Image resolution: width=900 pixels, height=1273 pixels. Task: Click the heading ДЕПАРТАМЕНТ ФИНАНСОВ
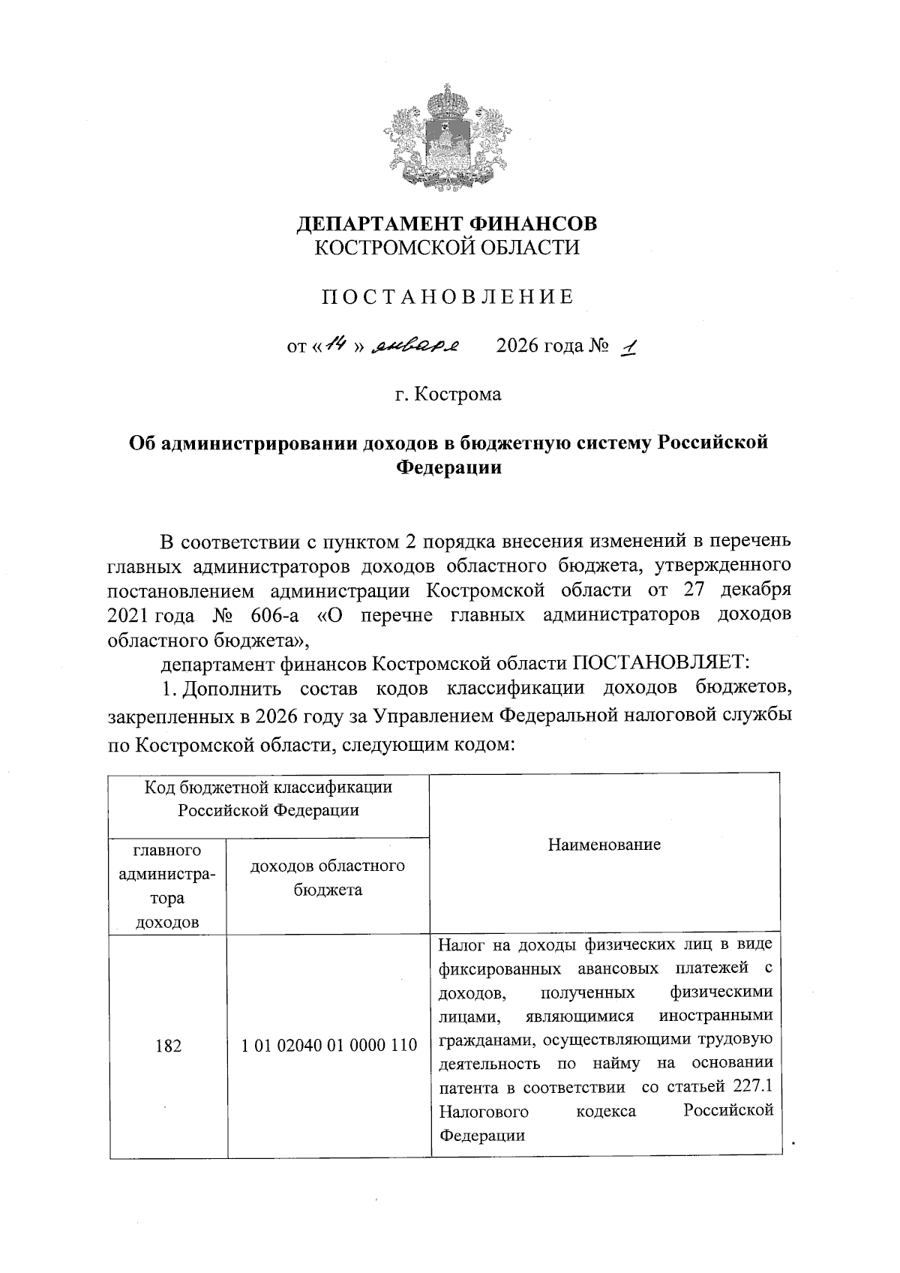click(448, 224)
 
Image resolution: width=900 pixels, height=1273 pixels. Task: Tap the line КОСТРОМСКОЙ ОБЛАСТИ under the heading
click(448, 248)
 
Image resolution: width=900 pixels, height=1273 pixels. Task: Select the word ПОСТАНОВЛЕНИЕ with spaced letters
click(448, 297)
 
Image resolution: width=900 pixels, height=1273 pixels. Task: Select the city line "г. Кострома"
click(448, 394)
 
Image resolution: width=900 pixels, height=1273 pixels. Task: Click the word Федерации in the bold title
click(448, 467)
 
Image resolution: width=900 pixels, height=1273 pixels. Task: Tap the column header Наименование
click(604, 845)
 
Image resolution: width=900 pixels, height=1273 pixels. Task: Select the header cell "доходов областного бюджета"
click(328, 878)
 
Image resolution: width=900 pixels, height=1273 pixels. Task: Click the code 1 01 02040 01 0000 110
click(329, 1045)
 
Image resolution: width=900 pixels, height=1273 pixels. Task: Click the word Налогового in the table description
click(483, 1111)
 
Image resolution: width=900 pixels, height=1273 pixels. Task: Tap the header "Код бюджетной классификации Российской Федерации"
click(268, 799)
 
